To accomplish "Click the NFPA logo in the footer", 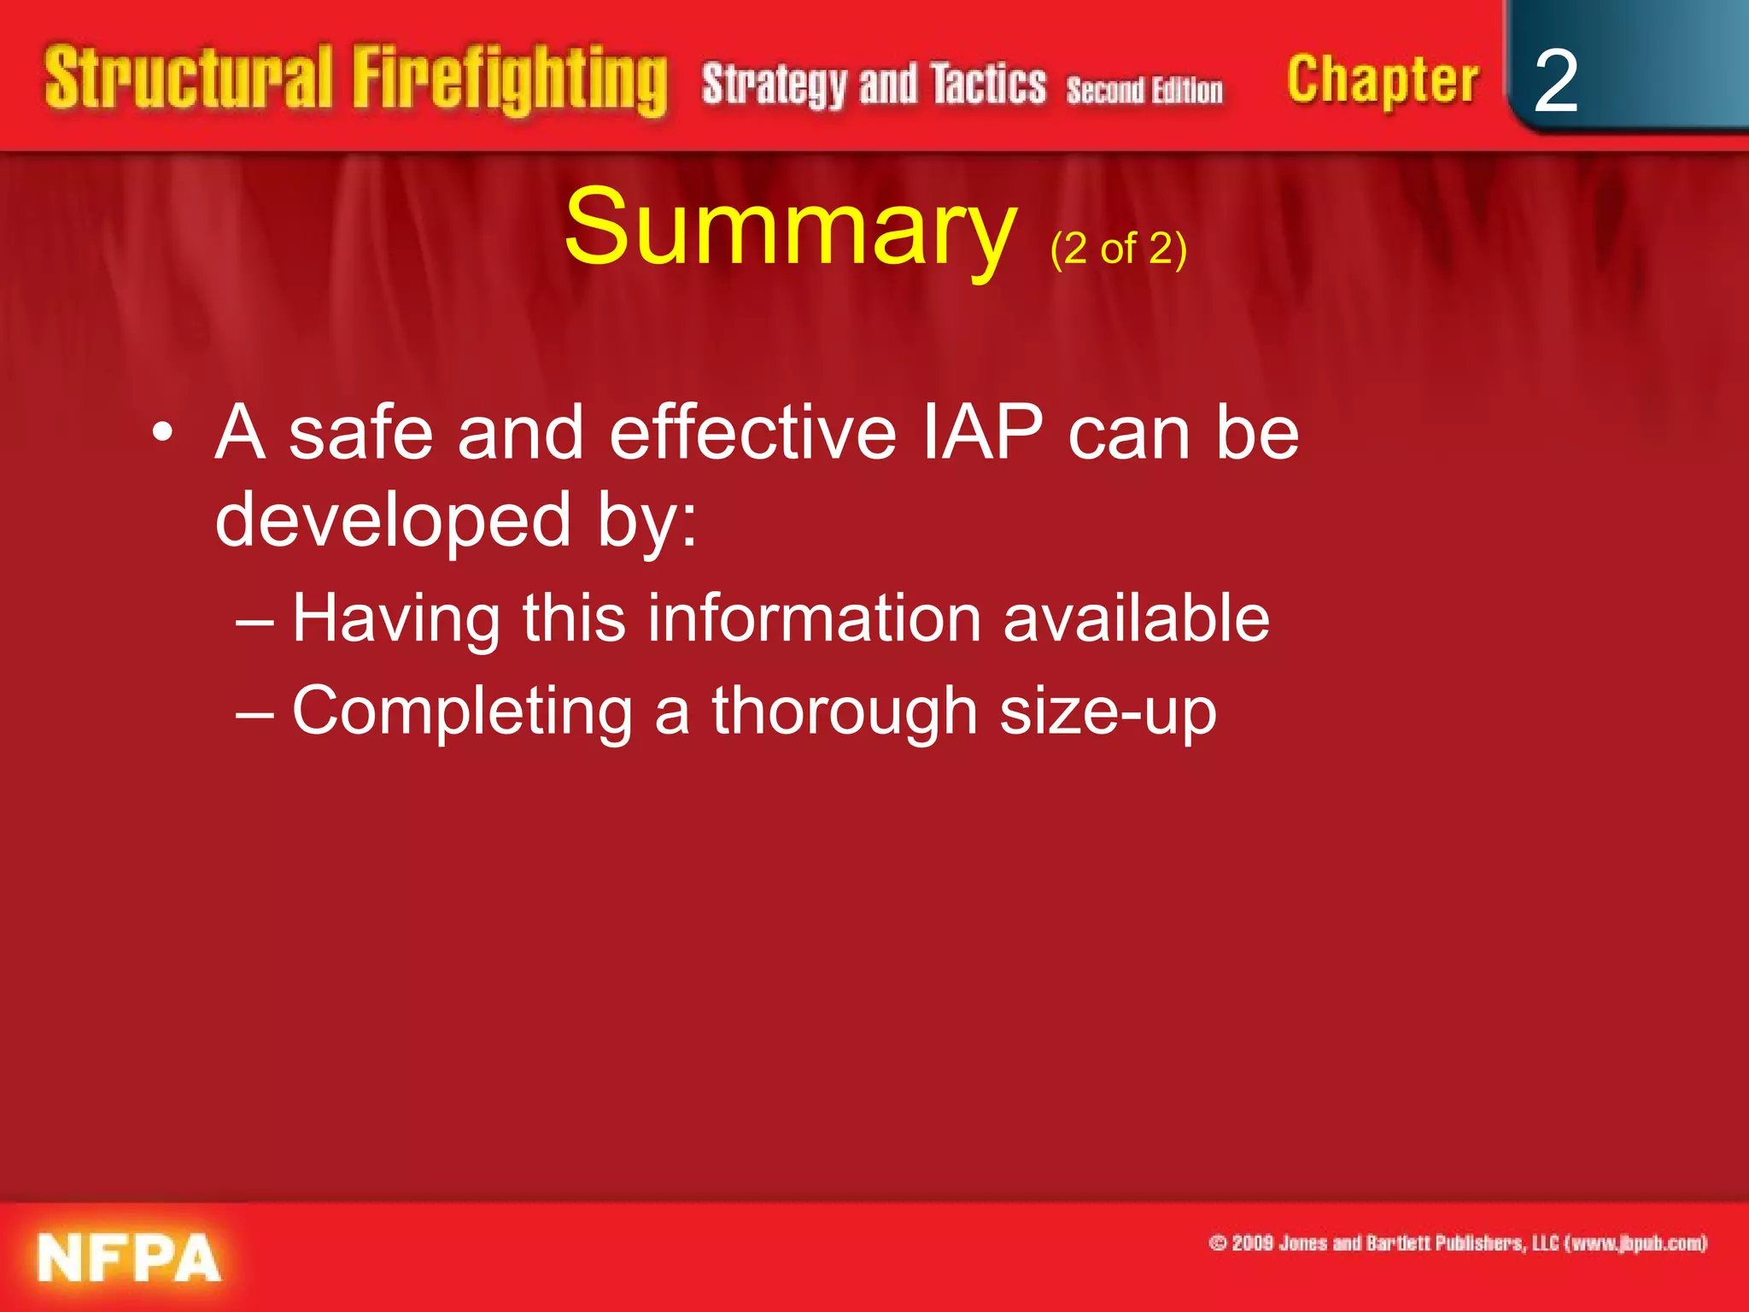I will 129,1257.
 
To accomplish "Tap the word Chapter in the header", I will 1382,81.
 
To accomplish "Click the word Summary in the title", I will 790,228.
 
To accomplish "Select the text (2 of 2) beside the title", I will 1118,249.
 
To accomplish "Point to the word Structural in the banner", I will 188,79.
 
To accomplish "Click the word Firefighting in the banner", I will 510,81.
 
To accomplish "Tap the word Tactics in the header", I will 988,85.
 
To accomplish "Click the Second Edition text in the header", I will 1144,91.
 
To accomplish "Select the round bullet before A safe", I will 162,434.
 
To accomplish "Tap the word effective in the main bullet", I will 752,433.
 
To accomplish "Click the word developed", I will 392,521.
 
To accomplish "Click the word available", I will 1136,618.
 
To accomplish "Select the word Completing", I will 462,712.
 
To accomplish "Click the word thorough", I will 845,711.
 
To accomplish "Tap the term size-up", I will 1108,712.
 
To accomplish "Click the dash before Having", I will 254,622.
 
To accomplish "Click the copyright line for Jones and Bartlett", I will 1458,1243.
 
